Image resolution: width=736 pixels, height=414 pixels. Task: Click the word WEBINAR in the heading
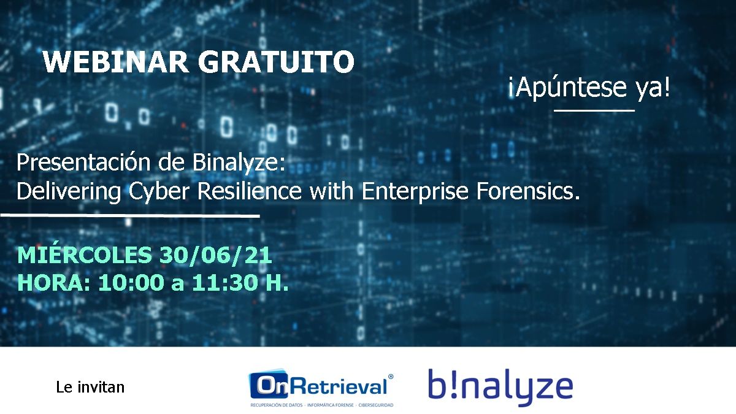(115, 62)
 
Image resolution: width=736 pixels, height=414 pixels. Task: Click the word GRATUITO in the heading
(276, 62)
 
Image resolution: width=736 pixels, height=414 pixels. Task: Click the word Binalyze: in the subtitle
(239, 163)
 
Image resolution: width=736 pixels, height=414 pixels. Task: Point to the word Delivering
(69, 191)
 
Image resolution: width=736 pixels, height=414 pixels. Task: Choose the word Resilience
(250, 191)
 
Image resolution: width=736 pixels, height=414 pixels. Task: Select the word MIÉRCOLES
(85, 255)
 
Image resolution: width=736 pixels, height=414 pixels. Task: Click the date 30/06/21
(215, 255)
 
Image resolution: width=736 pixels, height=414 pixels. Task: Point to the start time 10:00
(131, 282)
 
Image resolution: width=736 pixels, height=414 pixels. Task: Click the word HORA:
(54, 282)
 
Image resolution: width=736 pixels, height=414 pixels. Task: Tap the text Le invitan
(90, 387)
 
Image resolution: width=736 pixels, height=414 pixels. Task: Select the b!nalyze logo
(500, 387)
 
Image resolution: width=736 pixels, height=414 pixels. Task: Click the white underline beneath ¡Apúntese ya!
(594, 111)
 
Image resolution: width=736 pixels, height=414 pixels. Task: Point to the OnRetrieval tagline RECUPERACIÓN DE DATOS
(277, 405)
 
